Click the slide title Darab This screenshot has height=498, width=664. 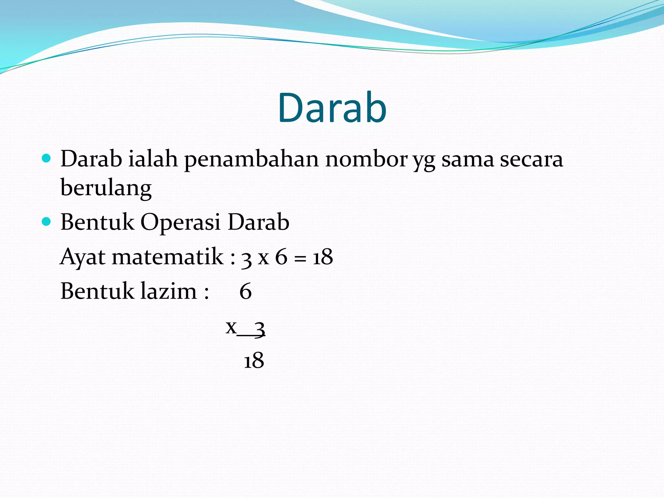[x=332, y=108]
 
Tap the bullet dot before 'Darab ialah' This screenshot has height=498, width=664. [x=47, y=159]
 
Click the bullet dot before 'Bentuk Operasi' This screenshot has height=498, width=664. [x=47, y=222]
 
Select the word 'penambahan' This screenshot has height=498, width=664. [x=251, y=160]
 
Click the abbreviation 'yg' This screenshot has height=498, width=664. [x=424, y=161]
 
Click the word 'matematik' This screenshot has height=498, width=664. [x=168, y=257]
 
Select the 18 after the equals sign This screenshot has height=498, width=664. [x=323, y=257]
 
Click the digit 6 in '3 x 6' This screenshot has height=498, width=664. [x=281, y=257]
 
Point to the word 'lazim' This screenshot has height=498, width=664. [x=169, y=291]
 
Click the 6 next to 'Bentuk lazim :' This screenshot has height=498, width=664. [x=245, y=291]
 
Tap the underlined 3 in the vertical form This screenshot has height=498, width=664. [x=259, y=328]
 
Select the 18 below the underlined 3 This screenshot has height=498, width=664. [x=254, y=360]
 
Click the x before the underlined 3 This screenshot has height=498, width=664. [x=231, y=327]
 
